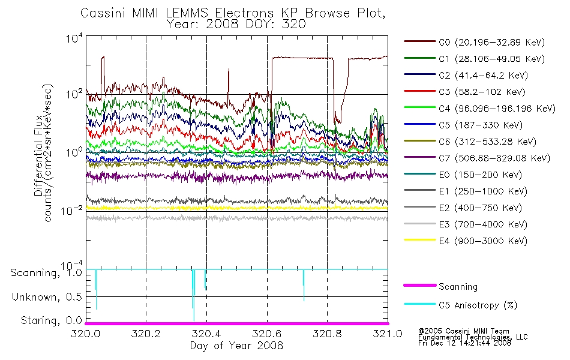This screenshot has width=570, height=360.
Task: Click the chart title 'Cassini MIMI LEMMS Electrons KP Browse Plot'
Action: pyautogui.click(x=233, y=13)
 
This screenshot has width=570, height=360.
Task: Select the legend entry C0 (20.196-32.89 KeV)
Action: pyautogui.click(x=475, y=42)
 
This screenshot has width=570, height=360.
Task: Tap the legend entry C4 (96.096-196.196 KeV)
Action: pyautogui.click(x=480, y=109)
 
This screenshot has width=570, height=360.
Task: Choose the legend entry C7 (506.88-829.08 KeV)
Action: pyautogui.click(x=477, y=158)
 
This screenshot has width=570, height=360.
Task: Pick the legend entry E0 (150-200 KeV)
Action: pyautogui.click(x=463, y=175)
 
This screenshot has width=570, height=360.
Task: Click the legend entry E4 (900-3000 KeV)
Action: pyautogui.click(x=466, y=241)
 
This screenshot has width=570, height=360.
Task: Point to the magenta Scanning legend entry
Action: pyautogui.click(x=440, y=287)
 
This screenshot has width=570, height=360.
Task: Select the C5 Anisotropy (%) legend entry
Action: pyautogui.click(x=461, y=305)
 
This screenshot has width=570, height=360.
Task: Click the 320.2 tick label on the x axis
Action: pyautogui.click(x=146, y=334)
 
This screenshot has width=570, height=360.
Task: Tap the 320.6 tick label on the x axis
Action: pyautogui.click(x=267, y=334)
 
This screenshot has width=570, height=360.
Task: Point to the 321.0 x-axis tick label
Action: pyautogui.click(x=388, y=334)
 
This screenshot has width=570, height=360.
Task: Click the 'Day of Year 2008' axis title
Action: pyautogui.click(x=236, y=346)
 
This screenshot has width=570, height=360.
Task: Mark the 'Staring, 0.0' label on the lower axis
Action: pyautogui.click(x=51, y=320)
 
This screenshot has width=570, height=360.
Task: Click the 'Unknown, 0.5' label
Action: pyautogui.click(x=47, y=297)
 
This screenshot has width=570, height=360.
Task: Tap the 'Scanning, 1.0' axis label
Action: pyautogui.click(x=46, y=273)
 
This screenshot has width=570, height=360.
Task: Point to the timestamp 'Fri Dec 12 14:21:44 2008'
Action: pyautogui.click(x=464, y=343)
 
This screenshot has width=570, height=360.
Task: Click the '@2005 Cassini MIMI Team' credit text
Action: pyautogui.click(x=464, y=331)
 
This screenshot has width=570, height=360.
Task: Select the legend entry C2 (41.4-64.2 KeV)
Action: pyautogui.click(x=466, y=75)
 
